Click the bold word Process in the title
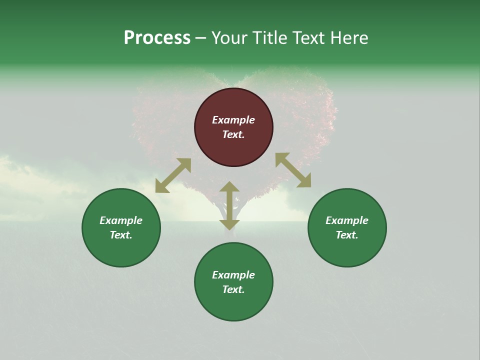tap(157, 38)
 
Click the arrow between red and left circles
tap(173, 175)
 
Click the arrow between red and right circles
tap(293, 170)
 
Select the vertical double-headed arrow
tap(229, 205)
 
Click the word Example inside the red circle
tap(233, 120)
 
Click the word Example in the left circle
tap(121, 220)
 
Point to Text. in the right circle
tap(346, 235)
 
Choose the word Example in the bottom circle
tap(233, 275)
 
